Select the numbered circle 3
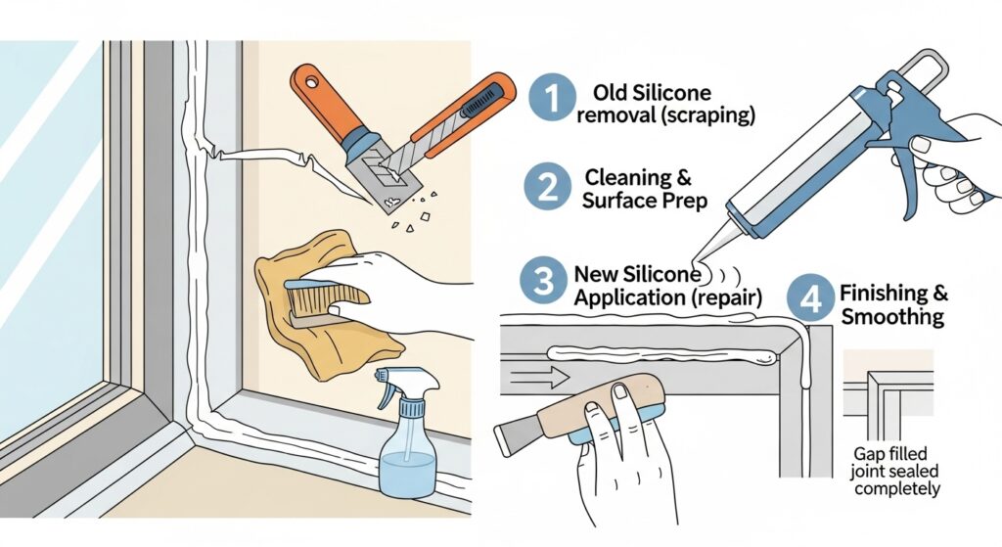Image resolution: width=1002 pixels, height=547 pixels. pos(543,281)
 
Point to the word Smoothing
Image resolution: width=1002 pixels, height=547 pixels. pos(892,317)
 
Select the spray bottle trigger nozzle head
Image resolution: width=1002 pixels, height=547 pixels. pos(408,383)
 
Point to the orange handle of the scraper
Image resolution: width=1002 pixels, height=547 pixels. pos(322,98)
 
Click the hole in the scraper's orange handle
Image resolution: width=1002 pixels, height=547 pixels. pos(312,82)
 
